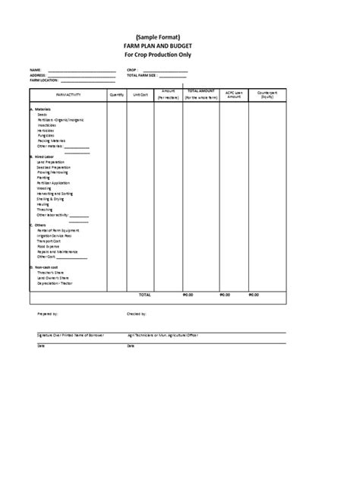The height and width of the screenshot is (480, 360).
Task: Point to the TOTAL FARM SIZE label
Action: point(144,76)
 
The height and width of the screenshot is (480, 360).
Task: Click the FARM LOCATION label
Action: point(43,81)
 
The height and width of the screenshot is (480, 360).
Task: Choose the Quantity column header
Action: point(117,95)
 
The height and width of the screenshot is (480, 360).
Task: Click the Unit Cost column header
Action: point(141,95)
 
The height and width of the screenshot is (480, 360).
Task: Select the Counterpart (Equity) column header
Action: point(267,95)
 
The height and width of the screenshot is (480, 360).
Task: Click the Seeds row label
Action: point(41,115)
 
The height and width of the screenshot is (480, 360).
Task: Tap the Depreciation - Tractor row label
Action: point(54,282)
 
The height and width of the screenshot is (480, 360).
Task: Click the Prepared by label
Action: point(47,312)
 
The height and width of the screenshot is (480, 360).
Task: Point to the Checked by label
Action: point(137,312)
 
